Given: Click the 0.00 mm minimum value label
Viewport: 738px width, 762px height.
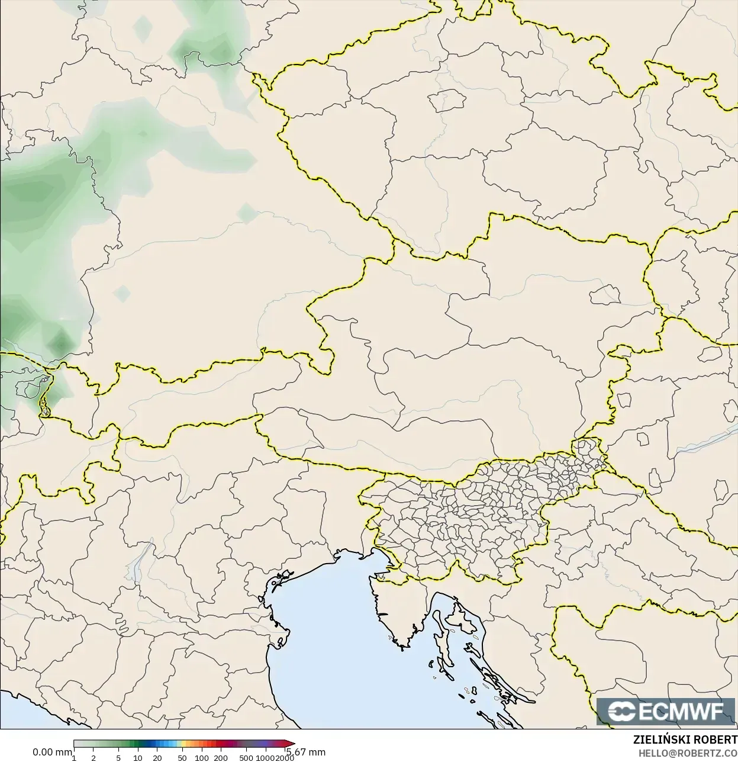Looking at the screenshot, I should point(52,752).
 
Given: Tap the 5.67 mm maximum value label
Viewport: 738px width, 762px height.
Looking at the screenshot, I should point(306,752).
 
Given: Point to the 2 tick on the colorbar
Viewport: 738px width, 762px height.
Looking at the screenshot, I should point(94,757).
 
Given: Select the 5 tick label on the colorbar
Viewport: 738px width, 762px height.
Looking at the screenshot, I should point(118,757).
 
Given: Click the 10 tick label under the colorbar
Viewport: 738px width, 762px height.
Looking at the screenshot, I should point(137,757).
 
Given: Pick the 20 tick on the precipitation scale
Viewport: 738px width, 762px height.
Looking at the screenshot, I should point(157,757).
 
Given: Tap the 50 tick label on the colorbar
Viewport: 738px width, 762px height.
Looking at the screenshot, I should point(182,757).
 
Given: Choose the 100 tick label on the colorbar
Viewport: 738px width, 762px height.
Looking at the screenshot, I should point(201,757).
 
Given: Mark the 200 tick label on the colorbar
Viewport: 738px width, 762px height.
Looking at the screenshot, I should point(221,757).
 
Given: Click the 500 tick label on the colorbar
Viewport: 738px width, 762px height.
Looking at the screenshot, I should point(246,757).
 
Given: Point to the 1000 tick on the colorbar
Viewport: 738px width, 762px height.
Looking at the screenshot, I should point(264,757).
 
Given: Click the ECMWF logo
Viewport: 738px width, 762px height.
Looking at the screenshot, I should point(666,711).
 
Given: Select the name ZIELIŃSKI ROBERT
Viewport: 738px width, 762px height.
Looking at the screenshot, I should point(685,740).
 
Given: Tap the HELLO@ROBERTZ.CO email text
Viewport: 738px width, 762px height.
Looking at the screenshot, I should point(687,753).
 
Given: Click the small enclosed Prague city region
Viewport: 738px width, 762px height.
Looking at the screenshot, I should point(448,101).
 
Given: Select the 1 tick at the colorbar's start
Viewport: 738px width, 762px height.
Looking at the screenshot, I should point(74,757).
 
